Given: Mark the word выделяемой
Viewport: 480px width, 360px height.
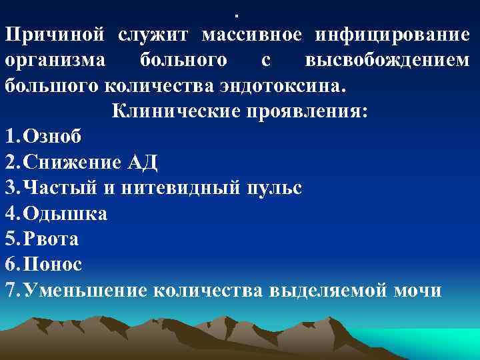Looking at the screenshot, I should pyautogui.click(x=324, y=290).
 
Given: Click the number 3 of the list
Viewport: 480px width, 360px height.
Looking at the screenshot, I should pyautogui.click(x=9, y=187).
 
